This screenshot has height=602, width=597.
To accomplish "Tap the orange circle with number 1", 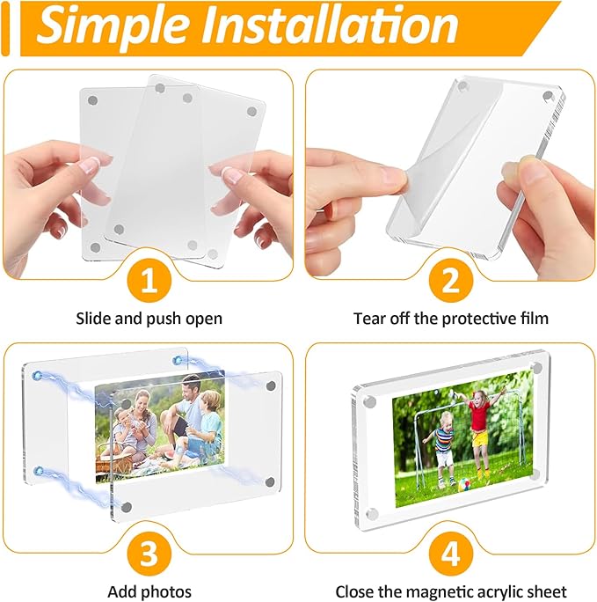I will pos(149,281).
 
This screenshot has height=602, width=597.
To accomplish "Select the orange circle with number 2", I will pos(451,281).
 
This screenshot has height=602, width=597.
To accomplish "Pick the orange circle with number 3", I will pos(149,554).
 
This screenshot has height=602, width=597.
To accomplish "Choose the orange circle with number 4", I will pos(451,554).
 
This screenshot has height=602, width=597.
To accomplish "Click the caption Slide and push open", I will pos(149,318).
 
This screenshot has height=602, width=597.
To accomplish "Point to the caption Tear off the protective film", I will pos(451,318).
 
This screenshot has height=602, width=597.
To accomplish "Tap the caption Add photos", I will pos(149,591).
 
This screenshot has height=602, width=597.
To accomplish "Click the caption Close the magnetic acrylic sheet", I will pos(451,591).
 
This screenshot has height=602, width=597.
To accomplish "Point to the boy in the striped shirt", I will pos(442,444).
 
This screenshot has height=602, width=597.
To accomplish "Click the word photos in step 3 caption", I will pos(169,591).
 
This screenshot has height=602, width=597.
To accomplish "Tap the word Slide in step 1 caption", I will pos(92,318).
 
